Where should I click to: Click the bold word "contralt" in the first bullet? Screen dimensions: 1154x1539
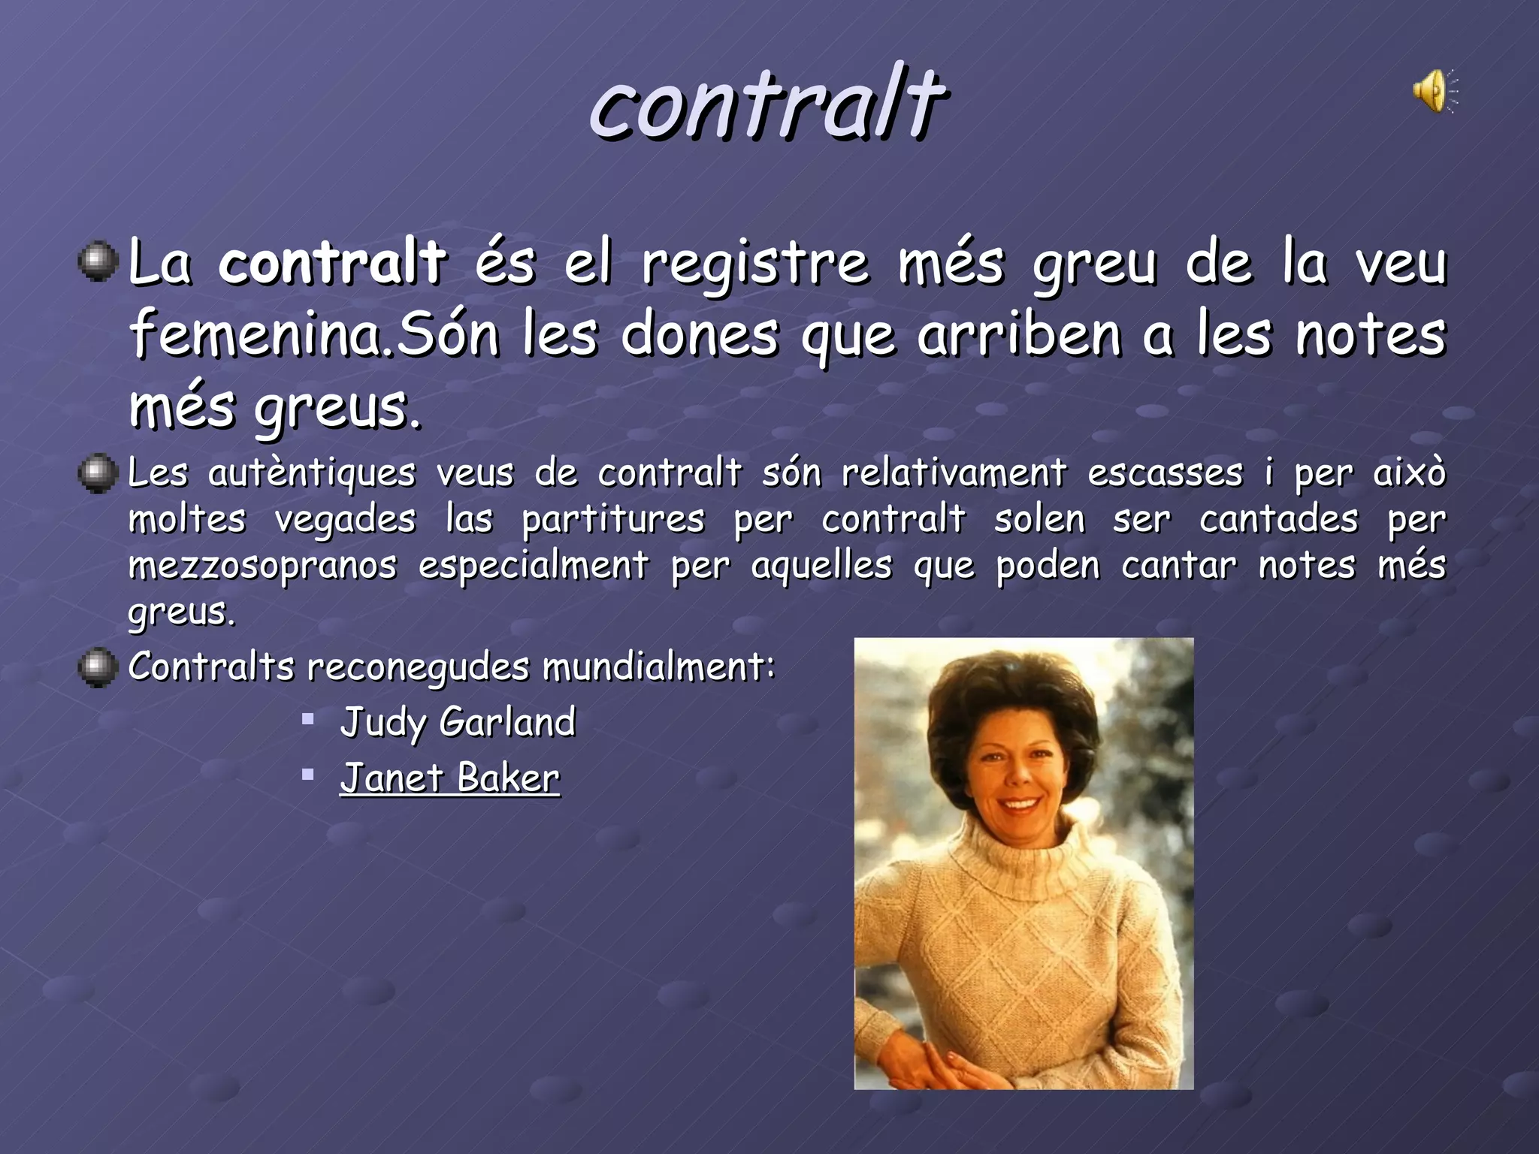(x=332, y=263)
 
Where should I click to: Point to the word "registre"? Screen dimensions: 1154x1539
(x=754, y=264)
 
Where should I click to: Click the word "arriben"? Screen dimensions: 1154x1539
(x=1020, y=335)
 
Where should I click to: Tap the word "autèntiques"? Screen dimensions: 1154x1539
(x=311, y=474)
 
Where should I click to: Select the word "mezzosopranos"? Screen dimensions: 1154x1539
(x=262, y=566)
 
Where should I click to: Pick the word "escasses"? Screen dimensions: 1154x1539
(x=1165, y=473)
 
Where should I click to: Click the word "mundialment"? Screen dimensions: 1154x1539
(x=658, y=666)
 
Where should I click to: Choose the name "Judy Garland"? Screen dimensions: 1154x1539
(x=458, y=723)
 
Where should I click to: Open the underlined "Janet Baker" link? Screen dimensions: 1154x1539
(x=449, y=778)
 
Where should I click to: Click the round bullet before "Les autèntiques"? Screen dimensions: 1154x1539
(x=98, y=474)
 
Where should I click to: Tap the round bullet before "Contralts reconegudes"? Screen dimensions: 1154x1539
(x=98, y=667)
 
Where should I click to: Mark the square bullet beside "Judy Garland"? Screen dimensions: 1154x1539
(x=307, y=719)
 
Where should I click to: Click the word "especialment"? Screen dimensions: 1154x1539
(x=533, y=566)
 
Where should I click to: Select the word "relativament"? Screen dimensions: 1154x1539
(x=954, y=473)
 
